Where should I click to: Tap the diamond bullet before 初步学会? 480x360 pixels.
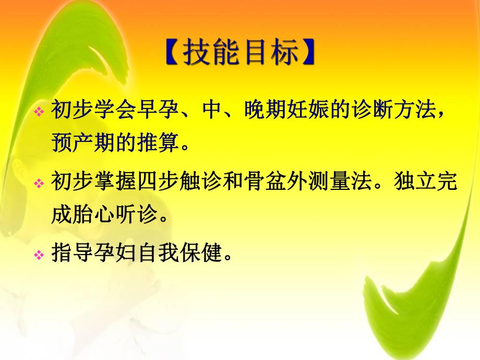[x=39, y=113]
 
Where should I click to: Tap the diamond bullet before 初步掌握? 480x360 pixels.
[x=39, y=184]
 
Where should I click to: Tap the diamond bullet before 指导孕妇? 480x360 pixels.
[x=39, y=255]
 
